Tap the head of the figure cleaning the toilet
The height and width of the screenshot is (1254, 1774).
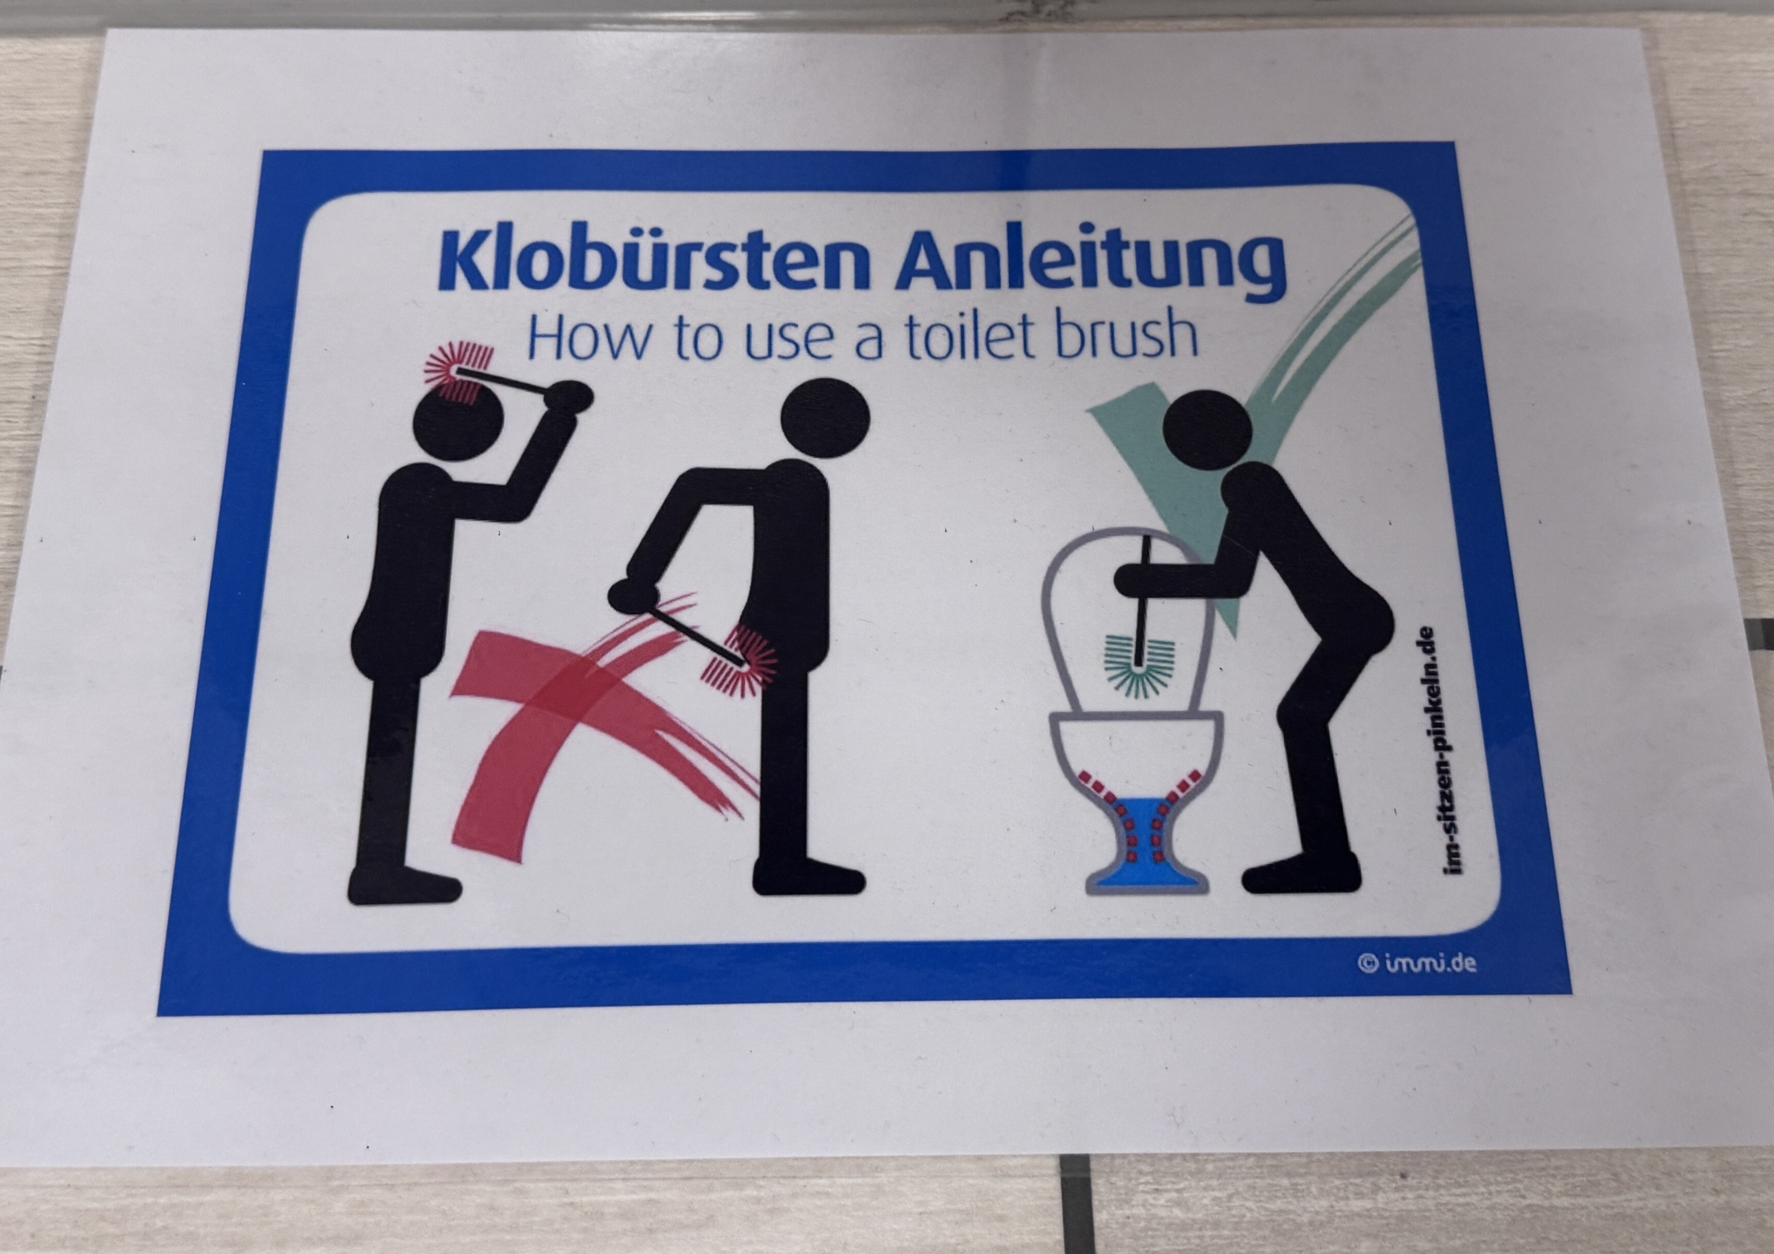coord(1207,427)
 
